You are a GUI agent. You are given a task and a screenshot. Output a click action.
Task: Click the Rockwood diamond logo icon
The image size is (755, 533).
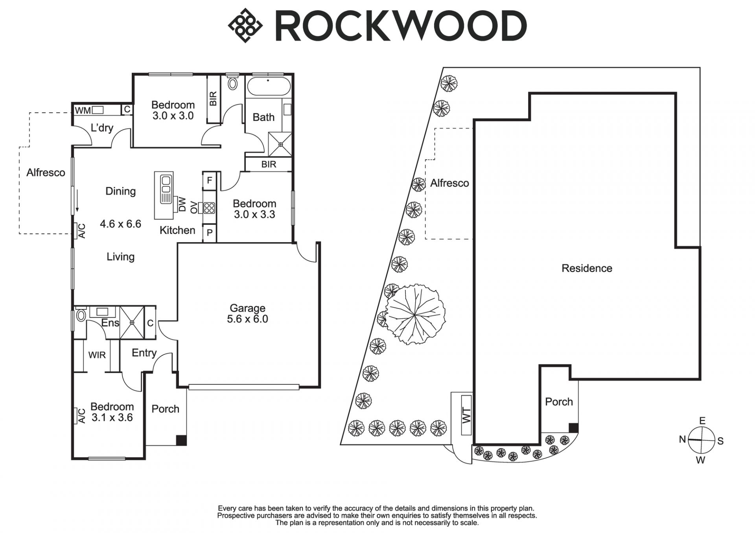tap(245, 26)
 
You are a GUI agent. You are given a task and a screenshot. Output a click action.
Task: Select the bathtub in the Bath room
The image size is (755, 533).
tap(268, 86)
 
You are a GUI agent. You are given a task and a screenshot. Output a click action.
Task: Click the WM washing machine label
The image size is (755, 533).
tap(83, 110)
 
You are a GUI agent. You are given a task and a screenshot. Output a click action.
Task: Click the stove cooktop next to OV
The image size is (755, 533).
tap(209, 208)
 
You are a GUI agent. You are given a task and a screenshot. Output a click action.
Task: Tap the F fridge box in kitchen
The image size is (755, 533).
tap(210, 180)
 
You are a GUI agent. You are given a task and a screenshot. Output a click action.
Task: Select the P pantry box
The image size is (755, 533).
tap(210, 233)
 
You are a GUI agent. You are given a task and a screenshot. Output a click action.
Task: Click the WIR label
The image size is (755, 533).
tap(97, 355)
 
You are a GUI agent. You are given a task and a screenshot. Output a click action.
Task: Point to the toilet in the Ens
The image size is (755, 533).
tap(81, 315)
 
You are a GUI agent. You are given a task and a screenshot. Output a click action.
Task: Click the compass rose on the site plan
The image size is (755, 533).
tap(702, 440)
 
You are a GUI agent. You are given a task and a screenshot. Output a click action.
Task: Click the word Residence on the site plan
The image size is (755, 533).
tap(587, 268)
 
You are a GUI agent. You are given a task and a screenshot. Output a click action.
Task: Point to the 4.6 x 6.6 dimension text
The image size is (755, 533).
tap(120, 224)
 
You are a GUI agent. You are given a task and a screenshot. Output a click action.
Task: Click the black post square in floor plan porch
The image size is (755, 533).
tap(181, 440)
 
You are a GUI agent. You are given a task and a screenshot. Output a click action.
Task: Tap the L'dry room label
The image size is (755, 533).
tap(102, 128)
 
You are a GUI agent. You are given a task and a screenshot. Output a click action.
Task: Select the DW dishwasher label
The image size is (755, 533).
tap(182, 204)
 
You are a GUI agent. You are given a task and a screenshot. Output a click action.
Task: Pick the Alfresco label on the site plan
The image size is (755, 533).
tap(449, 183)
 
